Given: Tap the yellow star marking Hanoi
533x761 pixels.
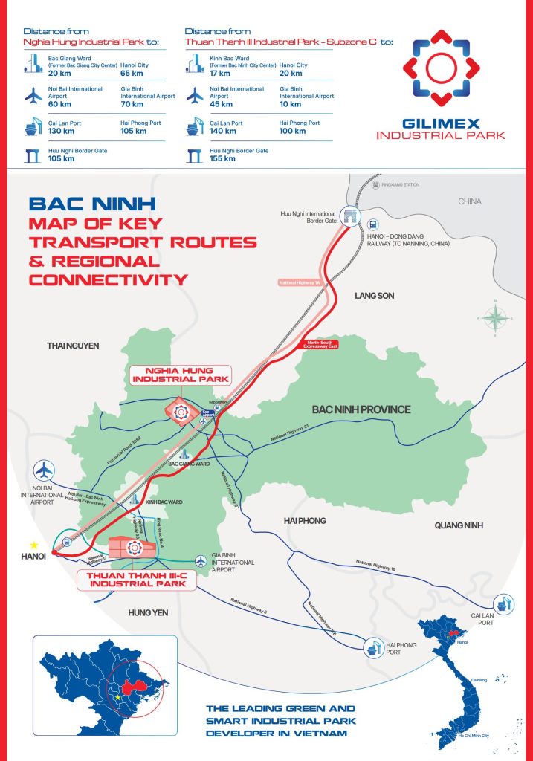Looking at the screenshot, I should coord(33,545).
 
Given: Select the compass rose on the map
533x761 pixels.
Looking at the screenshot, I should coord(494,317).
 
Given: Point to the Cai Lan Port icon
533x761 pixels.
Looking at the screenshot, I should coord(503,603).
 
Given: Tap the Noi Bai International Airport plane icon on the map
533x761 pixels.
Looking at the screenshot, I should coord(45,470).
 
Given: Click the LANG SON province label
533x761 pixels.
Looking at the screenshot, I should coord(375,296).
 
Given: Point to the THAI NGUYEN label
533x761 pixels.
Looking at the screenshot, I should coord(73,346).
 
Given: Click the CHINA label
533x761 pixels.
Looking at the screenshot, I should coord(469,201).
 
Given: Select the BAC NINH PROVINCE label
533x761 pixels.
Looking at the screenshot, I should coord(361,409).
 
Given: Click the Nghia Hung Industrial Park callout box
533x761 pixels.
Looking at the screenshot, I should coord(181,375).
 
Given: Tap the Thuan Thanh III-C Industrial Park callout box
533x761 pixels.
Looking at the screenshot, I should coord(137,579).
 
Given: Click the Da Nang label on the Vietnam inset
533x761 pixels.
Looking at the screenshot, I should coord(468,679).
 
